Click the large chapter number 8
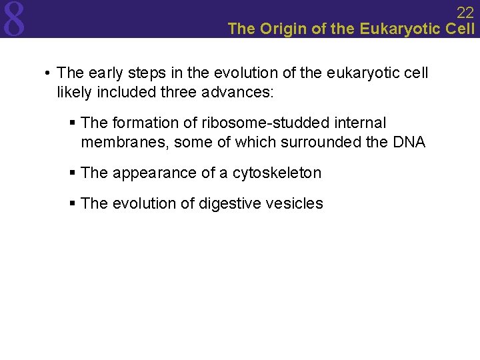(14, 19)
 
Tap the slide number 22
(465, 12)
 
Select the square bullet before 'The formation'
(73, 123)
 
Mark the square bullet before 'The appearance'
(73, 173)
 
